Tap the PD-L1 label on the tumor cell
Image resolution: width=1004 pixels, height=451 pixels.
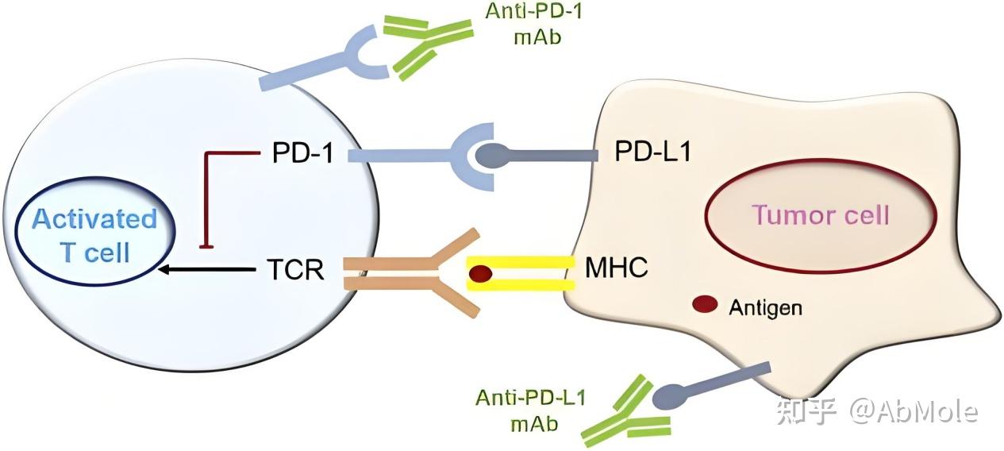pyautogui.click(x=652, y=152)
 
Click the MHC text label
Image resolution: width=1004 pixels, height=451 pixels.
pyautogui.click(x=617, y=268)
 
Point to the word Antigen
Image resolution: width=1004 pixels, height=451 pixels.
pyautogui.click(x=765, y=307)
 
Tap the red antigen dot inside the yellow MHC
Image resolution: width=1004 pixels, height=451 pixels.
pyautogui.click(x=481, y=274)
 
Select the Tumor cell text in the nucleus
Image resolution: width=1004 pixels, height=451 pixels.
pyautogui.click(x=821, y=214)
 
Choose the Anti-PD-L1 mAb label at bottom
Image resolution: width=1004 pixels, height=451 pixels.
pyautogui.click(x=531, y=409)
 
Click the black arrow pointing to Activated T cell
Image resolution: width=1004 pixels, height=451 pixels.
pyautogui.click(x=206, y=270)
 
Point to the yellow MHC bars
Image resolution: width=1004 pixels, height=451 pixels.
pyautogui.click(x=520, y=273)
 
